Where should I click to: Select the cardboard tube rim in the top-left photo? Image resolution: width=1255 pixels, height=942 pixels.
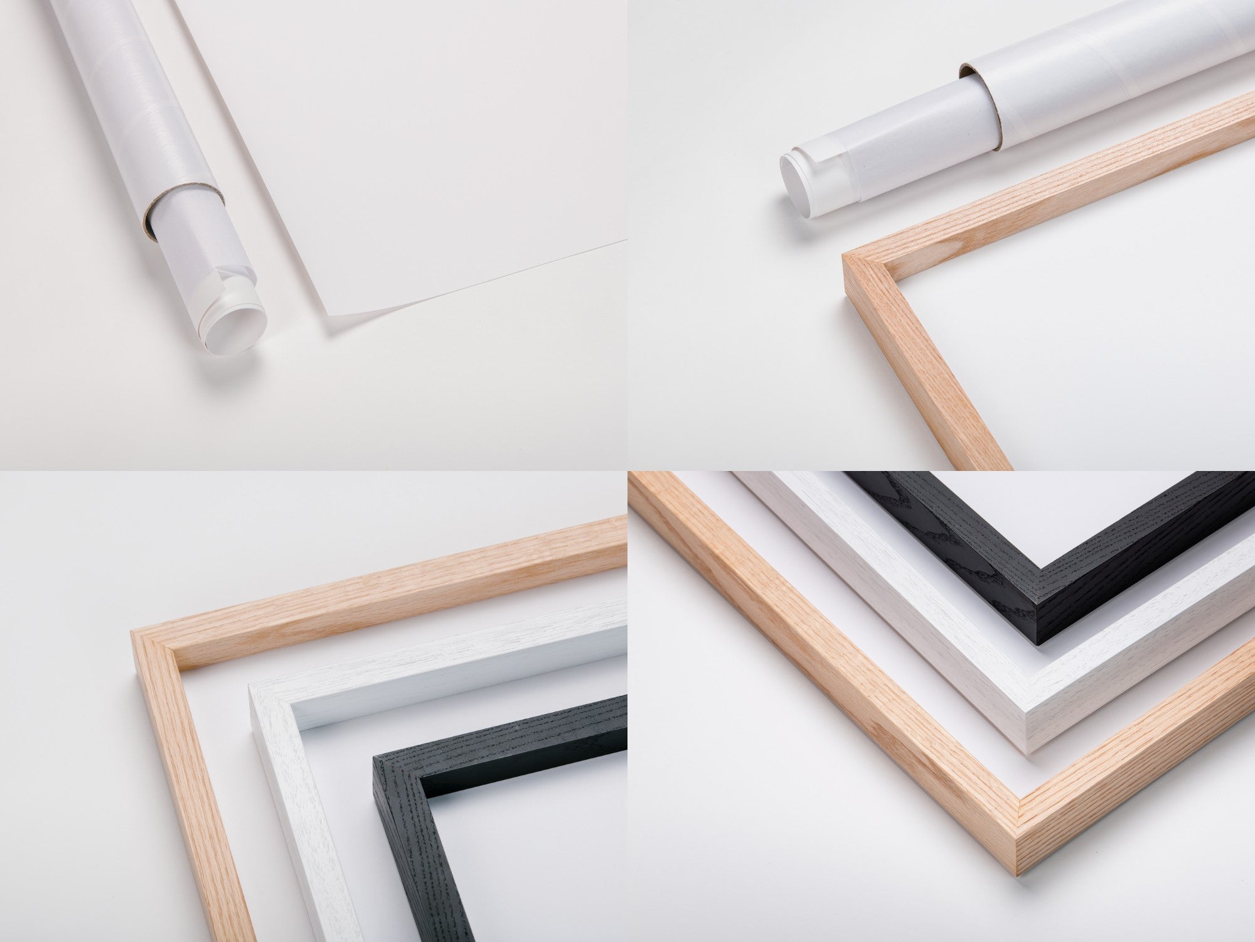point(164,214)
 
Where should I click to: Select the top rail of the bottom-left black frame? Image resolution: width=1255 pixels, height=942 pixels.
point(515,735)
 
